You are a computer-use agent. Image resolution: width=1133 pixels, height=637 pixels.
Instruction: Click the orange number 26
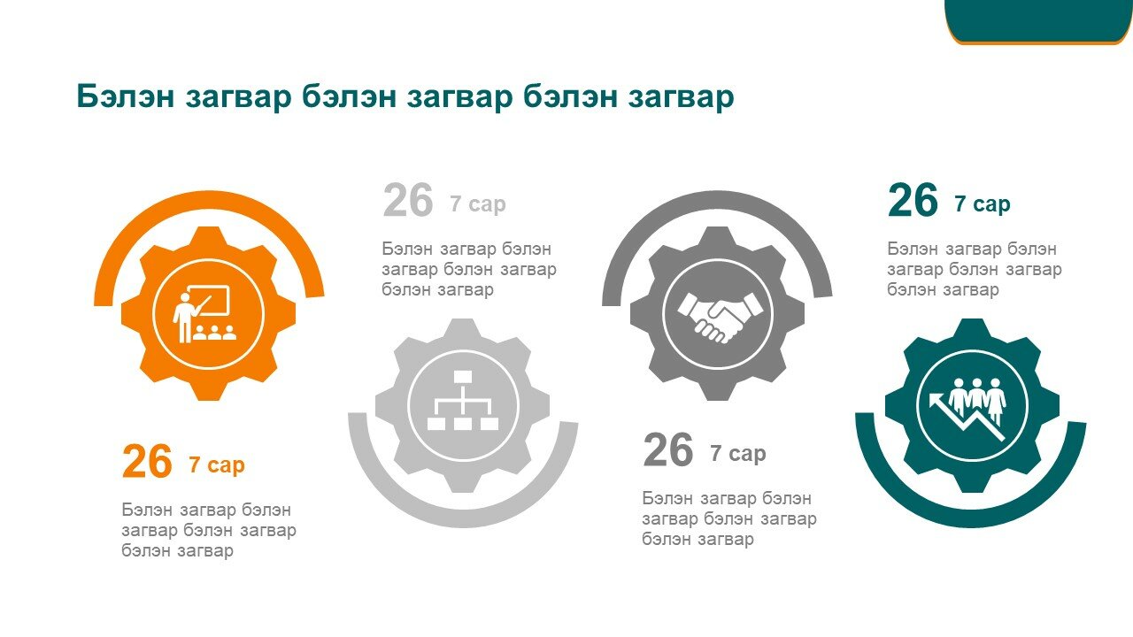coord(147,461)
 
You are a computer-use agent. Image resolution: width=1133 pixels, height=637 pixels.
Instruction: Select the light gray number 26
coord(408,200)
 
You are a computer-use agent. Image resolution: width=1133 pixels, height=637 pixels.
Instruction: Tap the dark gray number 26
coord(667,449)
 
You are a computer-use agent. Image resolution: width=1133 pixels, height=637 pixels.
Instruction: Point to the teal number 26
coord(913,200)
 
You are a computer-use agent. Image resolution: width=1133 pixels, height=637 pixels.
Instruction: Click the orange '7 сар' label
coord(217,464)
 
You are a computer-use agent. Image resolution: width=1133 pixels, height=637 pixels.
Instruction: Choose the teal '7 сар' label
coord(983,203)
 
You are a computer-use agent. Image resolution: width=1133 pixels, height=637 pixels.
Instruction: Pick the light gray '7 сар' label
coord(477,203)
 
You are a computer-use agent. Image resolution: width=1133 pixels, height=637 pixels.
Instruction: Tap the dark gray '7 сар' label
coord(738,453)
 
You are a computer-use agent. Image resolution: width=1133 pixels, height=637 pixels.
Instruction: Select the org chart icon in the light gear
coord(463,401)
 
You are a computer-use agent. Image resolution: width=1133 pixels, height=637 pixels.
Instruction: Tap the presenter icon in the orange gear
coord(204,313)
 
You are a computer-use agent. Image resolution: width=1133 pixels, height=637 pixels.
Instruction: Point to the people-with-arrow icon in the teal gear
coord(967,409)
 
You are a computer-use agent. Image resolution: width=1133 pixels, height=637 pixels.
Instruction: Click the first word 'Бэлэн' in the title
coord(126,96)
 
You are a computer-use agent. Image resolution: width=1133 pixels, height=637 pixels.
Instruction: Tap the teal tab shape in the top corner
coord(1038,20)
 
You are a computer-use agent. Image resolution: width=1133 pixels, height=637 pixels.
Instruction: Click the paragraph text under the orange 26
coord(209,530)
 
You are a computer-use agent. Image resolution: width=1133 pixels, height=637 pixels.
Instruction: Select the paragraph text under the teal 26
coord(975,270)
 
